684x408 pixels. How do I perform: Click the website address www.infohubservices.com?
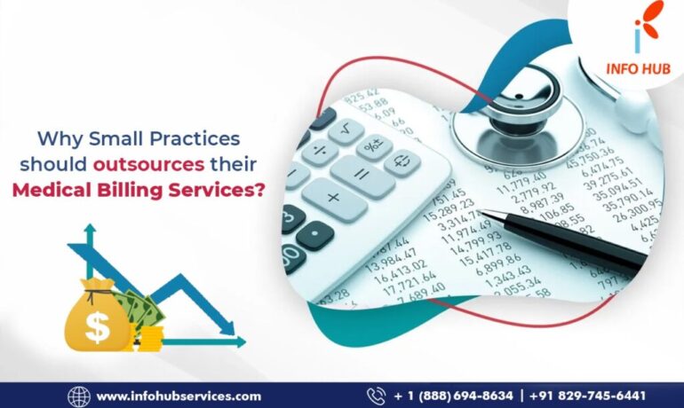click(179, 396)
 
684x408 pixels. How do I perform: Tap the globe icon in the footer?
click(79, 396)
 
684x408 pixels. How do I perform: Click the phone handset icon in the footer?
click(376, 396)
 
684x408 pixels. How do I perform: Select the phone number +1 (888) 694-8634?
click(453, 396)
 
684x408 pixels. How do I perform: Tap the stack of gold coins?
click(151, 336)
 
